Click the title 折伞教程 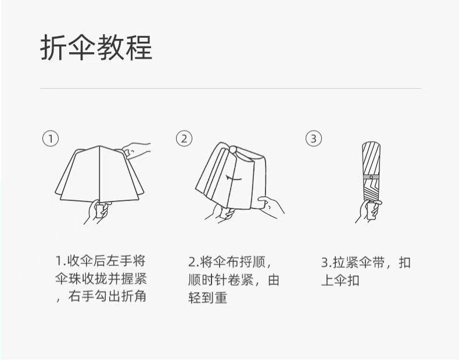(96, 48)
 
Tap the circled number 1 (51, 138)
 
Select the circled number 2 (184, 138)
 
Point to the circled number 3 (314, 138)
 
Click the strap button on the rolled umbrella (371, 177)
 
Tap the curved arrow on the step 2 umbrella (234, 178)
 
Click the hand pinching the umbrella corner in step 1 (137, 150)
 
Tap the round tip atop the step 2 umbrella (233, 149)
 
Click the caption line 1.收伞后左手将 (101, 261)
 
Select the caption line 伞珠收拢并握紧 (101, 279)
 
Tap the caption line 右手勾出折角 (107, 296)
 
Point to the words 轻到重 (208, 298)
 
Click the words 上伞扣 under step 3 (340, 280)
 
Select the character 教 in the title (110, 48)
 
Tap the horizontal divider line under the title (231, 88)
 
